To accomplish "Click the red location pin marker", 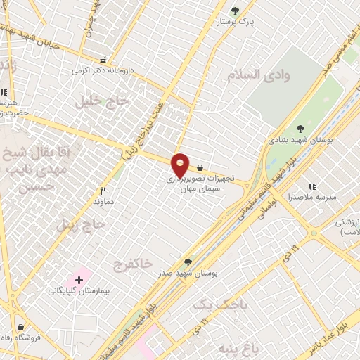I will coord(180,165).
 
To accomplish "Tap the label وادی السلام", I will coord(254,74).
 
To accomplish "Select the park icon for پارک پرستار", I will coord(235,11).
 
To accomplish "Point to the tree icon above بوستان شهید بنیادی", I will coord(300,129).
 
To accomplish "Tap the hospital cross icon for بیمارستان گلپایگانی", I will coord(79,280).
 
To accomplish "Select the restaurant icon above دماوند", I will coord(103,191).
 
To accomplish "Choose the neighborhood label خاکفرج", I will coord(132,264).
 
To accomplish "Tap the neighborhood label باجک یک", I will coord(211,304).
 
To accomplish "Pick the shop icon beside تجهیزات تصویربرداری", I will coord(200,167).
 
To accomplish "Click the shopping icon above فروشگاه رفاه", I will coord(20,327).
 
